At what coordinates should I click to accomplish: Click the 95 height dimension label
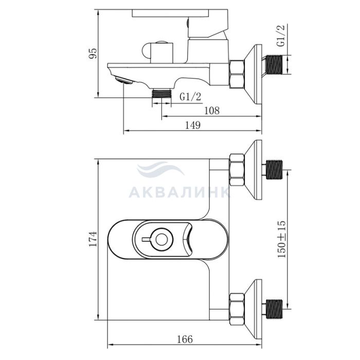[93, 53]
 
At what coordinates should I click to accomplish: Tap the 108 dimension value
[212, 111]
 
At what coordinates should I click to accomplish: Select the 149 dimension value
[193, 125]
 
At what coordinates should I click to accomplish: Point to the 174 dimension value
[93, 239]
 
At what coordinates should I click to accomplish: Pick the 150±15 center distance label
[282, 239]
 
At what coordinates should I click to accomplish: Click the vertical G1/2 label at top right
[281, 35]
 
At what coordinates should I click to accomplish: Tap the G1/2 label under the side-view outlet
[190, 97]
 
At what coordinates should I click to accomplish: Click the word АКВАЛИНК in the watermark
[179, 192]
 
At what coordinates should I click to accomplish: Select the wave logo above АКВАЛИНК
[160, 169]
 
